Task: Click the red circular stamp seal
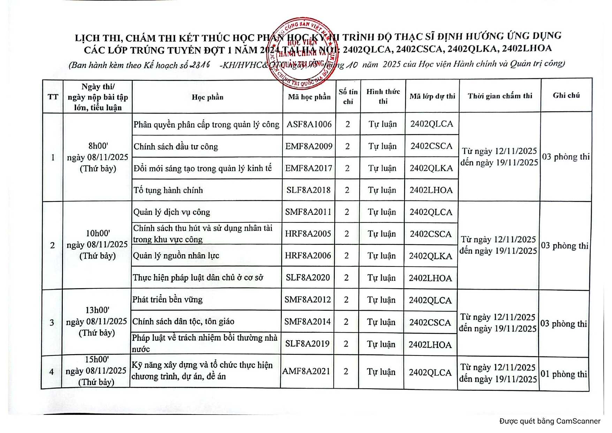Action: pyautogui.click(x=303, y=53)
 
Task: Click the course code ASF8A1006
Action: pyautogui.click(x=309, y=124)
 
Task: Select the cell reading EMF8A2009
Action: pyautogui.click(x=309, y=146)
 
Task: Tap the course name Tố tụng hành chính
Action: pyautogui.click(x=168, y=190)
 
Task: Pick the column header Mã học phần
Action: pyautogui.click(x=309, y=97)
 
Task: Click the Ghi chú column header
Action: pyautogui.click(x=566, y=95)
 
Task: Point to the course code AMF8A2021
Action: pyautogui.click(x=306, y=371)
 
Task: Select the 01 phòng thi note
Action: pyautogui.click(x=564, y=374)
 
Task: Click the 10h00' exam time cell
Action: pyautogui.click(x=97, y=244)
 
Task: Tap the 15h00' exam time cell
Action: pyautogui.click(x=96, y=371)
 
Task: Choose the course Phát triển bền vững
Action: pyautogui.click(x=167, y=300)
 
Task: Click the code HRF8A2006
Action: pyautogui.click(x=308, y=256)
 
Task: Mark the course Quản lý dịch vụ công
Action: pyautogui.click(x=172, y=212)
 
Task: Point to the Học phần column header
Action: pyautogui.click(x=207, y=97)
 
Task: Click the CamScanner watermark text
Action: pyautogui.click(x=550, y=421)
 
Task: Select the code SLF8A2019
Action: pyautogui.click(x=307, y=344)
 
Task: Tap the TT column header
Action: pyautogui.click(x=53, y=97)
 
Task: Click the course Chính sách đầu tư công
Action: pyautogui.click(x=176, y=147)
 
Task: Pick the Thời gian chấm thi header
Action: pyautogui.click(x=500, y=96)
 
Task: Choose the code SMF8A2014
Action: pyautogui.click(x=307, y=322)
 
